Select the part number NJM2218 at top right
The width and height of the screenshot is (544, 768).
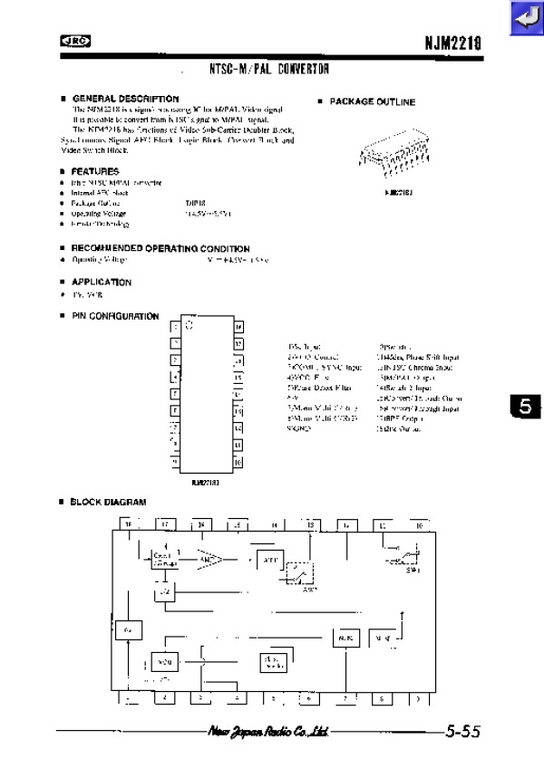click(452, 42)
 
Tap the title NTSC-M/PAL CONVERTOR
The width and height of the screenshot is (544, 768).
click(268, 69)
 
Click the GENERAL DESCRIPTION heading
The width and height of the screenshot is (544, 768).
click(125, 98)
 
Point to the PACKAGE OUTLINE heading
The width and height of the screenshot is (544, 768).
click(372, 102)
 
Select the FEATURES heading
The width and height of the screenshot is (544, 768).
click(95, 171)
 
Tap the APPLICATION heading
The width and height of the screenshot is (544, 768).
click(102, 283)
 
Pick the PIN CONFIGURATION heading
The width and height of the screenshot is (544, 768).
click(115, 317)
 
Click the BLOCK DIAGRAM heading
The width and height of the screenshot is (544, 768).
click(109, 502)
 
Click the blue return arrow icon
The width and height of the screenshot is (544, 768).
click(525, 18)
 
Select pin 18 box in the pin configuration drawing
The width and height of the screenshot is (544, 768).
click(238, 327)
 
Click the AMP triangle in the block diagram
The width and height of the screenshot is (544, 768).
click(210, 559)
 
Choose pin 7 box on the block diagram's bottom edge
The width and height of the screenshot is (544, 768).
click(345, 698)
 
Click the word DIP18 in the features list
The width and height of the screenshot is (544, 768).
click(196, 204)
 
